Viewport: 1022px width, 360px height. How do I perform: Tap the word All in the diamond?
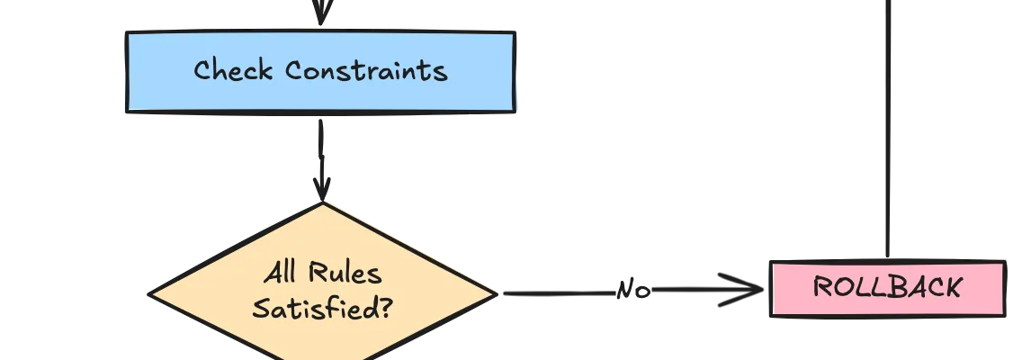coord(280,274)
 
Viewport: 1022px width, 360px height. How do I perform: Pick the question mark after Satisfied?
coord(383,310)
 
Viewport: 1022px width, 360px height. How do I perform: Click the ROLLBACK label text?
coord(887,288)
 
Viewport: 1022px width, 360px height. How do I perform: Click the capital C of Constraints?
coord(297,70)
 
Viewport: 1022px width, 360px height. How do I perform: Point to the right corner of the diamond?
coord(494,292)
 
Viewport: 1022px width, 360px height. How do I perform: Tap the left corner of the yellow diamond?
coord(153,293)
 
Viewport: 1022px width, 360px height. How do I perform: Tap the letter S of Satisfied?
coord(260,310)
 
